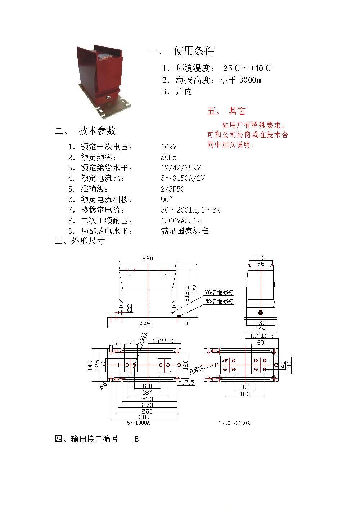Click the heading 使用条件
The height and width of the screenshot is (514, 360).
tap(194, 51)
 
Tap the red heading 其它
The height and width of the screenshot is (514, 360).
tap(237, 111)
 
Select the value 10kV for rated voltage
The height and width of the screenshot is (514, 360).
tap(169, 147)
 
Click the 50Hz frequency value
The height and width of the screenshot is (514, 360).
tap(168, 157)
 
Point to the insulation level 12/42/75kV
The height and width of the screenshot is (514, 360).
tap(181, 168)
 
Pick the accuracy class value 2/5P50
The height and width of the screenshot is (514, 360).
tap(173, 189)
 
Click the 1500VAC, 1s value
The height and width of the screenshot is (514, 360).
tap(181, 221)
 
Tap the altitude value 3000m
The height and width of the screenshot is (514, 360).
tap(251, 80)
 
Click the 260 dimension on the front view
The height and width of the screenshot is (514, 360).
tap(148, 258)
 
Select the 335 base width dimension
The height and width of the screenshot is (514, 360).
tap(145, 324)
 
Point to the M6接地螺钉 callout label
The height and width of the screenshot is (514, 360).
tap(219, 292)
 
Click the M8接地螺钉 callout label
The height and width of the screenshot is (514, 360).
tap(219, 301)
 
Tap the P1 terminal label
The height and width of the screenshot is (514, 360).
tap(131, 276)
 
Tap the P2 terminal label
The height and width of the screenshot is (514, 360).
tap(165, 276)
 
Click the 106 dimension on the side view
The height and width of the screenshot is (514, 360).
tap(260, 258)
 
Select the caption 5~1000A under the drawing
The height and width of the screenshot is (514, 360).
tap(138, 423)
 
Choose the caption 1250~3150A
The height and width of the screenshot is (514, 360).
tap(234, 423)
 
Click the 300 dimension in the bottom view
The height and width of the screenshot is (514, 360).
tap(144, 417)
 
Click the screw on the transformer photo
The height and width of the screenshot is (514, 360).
tap(109, 97)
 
